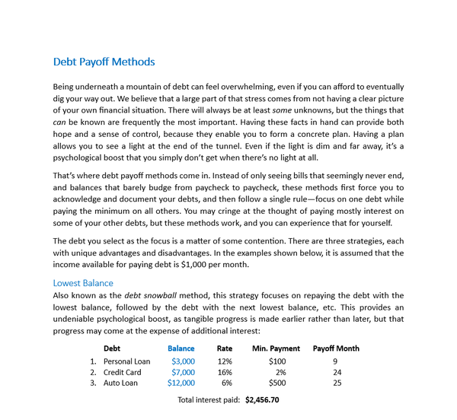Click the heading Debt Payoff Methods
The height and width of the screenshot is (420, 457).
104,62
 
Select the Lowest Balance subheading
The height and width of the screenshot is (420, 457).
83,283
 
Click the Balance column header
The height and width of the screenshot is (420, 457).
181,348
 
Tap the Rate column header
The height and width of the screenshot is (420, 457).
224,348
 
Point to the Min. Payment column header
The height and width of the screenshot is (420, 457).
276,348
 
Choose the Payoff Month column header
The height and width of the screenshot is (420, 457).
336,348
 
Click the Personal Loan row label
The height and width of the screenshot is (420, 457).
127,361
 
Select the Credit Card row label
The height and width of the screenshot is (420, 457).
123,372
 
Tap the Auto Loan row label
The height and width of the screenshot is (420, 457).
121,383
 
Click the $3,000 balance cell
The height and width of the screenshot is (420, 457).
183,361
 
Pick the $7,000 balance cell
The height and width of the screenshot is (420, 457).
183,372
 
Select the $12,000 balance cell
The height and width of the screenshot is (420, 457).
181,383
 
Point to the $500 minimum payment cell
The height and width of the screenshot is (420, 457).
276,383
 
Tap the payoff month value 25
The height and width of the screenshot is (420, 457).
336,383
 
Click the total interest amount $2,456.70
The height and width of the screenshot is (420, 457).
262,399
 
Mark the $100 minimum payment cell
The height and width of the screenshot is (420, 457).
276,361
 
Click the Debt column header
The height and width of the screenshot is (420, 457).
112,348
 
